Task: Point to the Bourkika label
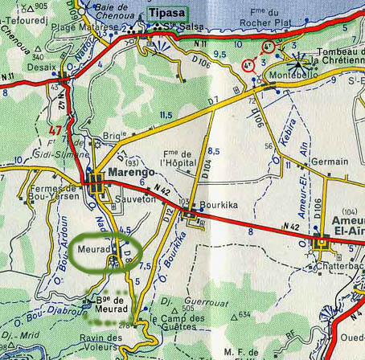click(x=219, y=205)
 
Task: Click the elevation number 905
click(x=41, y=6)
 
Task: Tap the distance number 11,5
click(x=166, y=116)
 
